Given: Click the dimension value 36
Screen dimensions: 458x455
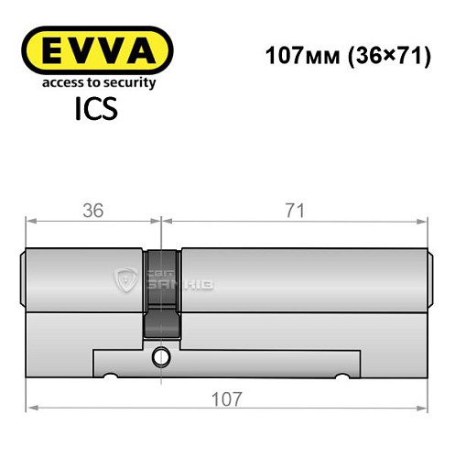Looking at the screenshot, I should tap(92, 210).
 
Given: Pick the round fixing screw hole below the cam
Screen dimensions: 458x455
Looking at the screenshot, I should tap(161, 355).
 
